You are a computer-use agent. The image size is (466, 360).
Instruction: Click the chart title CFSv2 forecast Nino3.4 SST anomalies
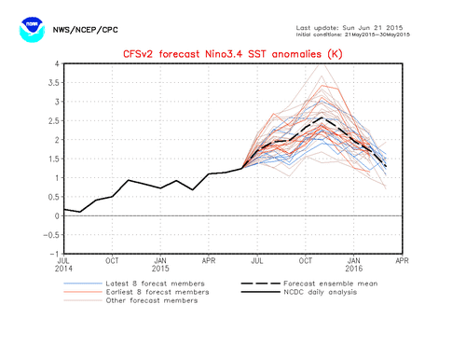[x=232, y=53]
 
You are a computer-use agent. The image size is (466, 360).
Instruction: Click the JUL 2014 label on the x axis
[x=63, y=266]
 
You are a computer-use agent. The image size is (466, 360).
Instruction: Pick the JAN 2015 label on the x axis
[x=160, y=266]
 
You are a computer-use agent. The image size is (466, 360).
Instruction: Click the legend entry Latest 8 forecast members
[x=154, y=283]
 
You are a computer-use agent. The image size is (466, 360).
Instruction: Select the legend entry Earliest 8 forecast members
[x=157, y=291]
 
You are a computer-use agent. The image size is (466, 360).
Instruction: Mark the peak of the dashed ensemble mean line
[x=322, y=118]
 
